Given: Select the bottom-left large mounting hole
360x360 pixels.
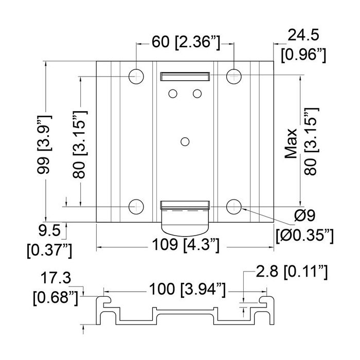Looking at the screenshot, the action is click(x=136, y=207).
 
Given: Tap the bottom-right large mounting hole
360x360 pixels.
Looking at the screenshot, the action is click(x=233, y=207).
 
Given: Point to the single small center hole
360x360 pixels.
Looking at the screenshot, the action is click(x=185, y=141).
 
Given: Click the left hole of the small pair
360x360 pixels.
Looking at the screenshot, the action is click(x=173, y=94).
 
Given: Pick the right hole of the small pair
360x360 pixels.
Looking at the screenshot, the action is click(x=197, y=94).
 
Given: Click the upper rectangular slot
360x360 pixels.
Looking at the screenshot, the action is click(x=185, y=77).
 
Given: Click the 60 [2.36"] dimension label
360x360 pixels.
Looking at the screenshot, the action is click(x=186, y=43).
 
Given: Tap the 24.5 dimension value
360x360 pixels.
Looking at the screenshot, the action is click(x=303, y=35).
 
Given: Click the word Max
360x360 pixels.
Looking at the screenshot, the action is click(x=291, y=143).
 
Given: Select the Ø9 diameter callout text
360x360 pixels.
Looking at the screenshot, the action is click(x=304, y=215).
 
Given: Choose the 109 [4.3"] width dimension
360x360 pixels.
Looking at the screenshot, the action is click(x=186, y=245).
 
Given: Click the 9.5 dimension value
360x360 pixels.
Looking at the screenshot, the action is click(x=49, y=230).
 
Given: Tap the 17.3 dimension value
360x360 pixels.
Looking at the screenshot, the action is click(x=56, y=278).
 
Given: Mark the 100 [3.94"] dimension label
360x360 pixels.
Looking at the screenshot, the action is click(x=187, y=289).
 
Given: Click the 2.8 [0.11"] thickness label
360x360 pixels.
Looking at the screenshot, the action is click(x=292, y=272).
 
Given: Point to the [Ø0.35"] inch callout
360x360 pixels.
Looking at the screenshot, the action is click(x=304, y=236).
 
